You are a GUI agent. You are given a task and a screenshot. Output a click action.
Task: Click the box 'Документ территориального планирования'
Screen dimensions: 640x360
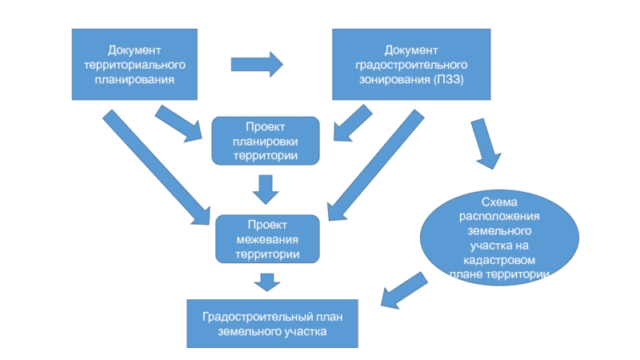tap(134, 65)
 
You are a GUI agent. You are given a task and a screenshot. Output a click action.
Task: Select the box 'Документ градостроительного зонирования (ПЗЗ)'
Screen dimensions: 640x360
tap(411, 65)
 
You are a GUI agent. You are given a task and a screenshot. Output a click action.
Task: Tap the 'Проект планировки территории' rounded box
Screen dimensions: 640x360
tap(266, 141)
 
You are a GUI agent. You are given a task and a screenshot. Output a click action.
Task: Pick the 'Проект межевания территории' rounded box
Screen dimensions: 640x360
tap(267, 239)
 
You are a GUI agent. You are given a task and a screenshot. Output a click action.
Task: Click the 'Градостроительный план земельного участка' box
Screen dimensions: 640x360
tap(272, 324)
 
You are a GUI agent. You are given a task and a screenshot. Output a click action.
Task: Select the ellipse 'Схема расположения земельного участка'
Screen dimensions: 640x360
tap(499, 238)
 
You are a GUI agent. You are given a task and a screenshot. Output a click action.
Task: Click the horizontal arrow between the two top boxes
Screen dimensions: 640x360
tap(257, 64)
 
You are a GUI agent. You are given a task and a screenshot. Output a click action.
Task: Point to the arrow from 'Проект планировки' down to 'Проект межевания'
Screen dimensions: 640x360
tap(266, 190)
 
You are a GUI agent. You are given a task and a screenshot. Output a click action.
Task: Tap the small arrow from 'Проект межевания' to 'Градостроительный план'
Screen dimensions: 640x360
tap(267, 282)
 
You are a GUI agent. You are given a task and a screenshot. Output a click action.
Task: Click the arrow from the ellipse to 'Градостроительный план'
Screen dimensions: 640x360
tap(404, 290)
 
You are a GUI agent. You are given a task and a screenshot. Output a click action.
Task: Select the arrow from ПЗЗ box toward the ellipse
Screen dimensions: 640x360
tap(486, 144)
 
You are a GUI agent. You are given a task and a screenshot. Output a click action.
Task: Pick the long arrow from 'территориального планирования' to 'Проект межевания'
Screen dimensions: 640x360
tap(156, 167)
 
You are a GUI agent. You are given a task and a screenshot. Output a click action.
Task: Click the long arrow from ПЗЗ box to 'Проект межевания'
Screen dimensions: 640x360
tap(376, 165)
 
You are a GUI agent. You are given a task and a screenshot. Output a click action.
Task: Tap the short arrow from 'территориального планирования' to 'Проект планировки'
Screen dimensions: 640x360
tap(178, 124)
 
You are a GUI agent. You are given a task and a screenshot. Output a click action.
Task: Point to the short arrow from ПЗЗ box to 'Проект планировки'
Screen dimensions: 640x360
tap(353, 123)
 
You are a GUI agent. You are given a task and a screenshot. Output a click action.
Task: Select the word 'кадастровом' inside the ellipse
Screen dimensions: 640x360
tap(499, 260)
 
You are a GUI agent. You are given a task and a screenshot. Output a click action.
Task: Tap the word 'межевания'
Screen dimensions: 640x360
tap(267, 239)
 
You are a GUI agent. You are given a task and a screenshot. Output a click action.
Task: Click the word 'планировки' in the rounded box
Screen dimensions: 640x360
tap(266, 142)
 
